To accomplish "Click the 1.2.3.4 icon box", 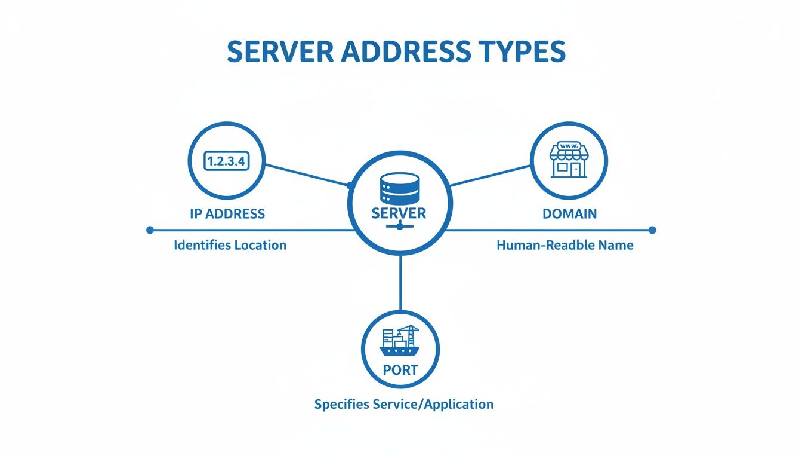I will [x=227, y=161].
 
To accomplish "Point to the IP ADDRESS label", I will [x=227, y=214].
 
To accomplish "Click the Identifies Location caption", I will [x=230, y=245].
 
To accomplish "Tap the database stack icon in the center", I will [x=399, y=188].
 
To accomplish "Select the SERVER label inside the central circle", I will [x=399, y=213].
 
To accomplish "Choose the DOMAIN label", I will [x=569, y=214].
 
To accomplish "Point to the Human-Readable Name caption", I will [x=565, y=245].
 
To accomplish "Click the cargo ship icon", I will [x=400, y=342].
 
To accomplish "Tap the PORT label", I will [x=400, y=370].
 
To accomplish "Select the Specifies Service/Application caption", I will [x=403, y=404].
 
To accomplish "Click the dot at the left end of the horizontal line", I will [x=150, y=229].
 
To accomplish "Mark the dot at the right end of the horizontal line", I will [x=652, y=229].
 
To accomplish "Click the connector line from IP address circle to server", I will [x=306, y=174].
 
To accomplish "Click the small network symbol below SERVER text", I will [x=399, y=227].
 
